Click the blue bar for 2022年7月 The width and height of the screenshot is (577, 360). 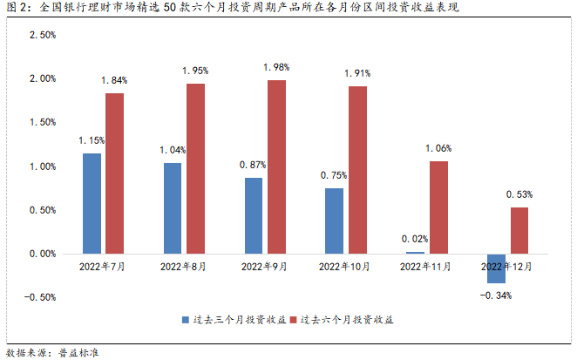coord(92,203)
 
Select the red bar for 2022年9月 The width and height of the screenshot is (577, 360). coord(276,166)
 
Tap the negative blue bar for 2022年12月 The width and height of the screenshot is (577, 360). coord(497,268)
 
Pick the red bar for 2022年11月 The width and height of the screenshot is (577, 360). coord(438,207)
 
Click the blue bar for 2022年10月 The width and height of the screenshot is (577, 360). coord(334,221)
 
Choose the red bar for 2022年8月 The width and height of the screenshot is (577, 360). coord(195,168)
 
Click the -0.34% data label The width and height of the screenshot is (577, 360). coord(496,295)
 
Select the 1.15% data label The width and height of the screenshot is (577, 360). coord(92,140)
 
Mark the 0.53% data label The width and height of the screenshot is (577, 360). coord(519,194)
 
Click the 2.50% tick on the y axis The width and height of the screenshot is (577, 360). coord(43,36)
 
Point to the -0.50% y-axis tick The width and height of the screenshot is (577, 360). coord(40,297)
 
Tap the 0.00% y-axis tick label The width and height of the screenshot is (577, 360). coord(43,254)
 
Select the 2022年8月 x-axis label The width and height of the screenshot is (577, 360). coord(181,265)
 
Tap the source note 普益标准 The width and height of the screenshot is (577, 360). coord(78,352)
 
